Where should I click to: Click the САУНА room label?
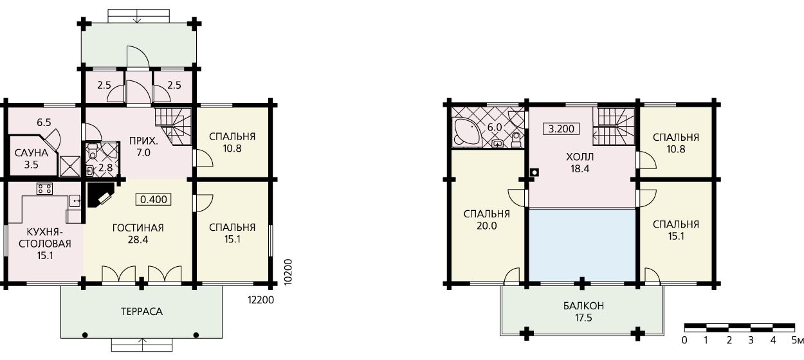[x=32, y=153]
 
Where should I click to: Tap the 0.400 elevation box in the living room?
[x=154, y=199]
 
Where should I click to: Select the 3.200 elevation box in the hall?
[x=562, y=129]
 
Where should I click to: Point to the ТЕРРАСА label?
[x=142, y=312]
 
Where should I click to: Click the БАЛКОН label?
[x=583, y=306]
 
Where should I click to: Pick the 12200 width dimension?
[x=261, y=300]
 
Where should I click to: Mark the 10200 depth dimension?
[x=288, y=272]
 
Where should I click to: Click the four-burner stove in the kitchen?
[x=44, y=188]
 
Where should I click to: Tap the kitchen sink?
[x=75, y=201]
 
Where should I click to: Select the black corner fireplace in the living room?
[x=100, y=195]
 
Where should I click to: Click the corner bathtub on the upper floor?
[x=465, y=132]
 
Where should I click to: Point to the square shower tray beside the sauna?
[x=69, y=166]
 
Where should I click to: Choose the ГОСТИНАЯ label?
[x=138, y=228]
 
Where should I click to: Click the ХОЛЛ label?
[x=580, y=157]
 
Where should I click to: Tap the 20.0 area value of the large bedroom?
[x=487, y=226]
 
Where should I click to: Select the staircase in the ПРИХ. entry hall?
[x=174, y=126]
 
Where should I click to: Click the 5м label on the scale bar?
[x=797, y=340]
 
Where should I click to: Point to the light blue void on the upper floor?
[x=582, y=246]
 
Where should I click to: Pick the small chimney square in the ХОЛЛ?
[x=534, y=172]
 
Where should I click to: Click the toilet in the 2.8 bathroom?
[x=93, y=151]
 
